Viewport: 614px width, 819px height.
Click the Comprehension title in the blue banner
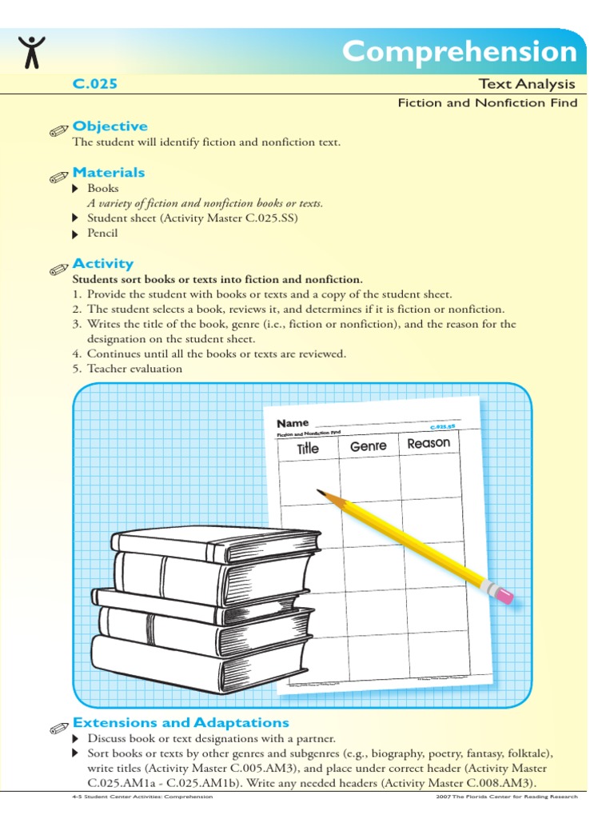[x=460, y=52]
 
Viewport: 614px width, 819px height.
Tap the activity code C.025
[x=95, y=84]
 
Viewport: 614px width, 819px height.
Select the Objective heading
[x=110, y=126]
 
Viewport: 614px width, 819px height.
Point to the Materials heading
[x=109, y=173]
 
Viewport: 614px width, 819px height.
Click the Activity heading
[x=103, y=264]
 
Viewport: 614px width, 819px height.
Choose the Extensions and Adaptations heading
[x=181, y=723]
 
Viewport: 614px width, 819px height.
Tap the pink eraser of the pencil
[x=503, y=594]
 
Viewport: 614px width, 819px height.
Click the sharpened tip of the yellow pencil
[x=321, y=492]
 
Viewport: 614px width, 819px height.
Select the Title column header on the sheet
[x=308, y=449]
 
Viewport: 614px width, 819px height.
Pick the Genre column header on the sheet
[x=368, y=446]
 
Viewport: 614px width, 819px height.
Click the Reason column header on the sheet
[x=429, y=443]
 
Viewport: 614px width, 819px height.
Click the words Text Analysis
[x=527, y=84]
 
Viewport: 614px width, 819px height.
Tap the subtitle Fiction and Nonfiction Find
[x=488, y=103]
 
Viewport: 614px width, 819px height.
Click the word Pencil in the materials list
[x=102, y=234]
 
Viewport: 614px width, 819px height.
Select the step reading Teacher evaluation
[x=134, y=369]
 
